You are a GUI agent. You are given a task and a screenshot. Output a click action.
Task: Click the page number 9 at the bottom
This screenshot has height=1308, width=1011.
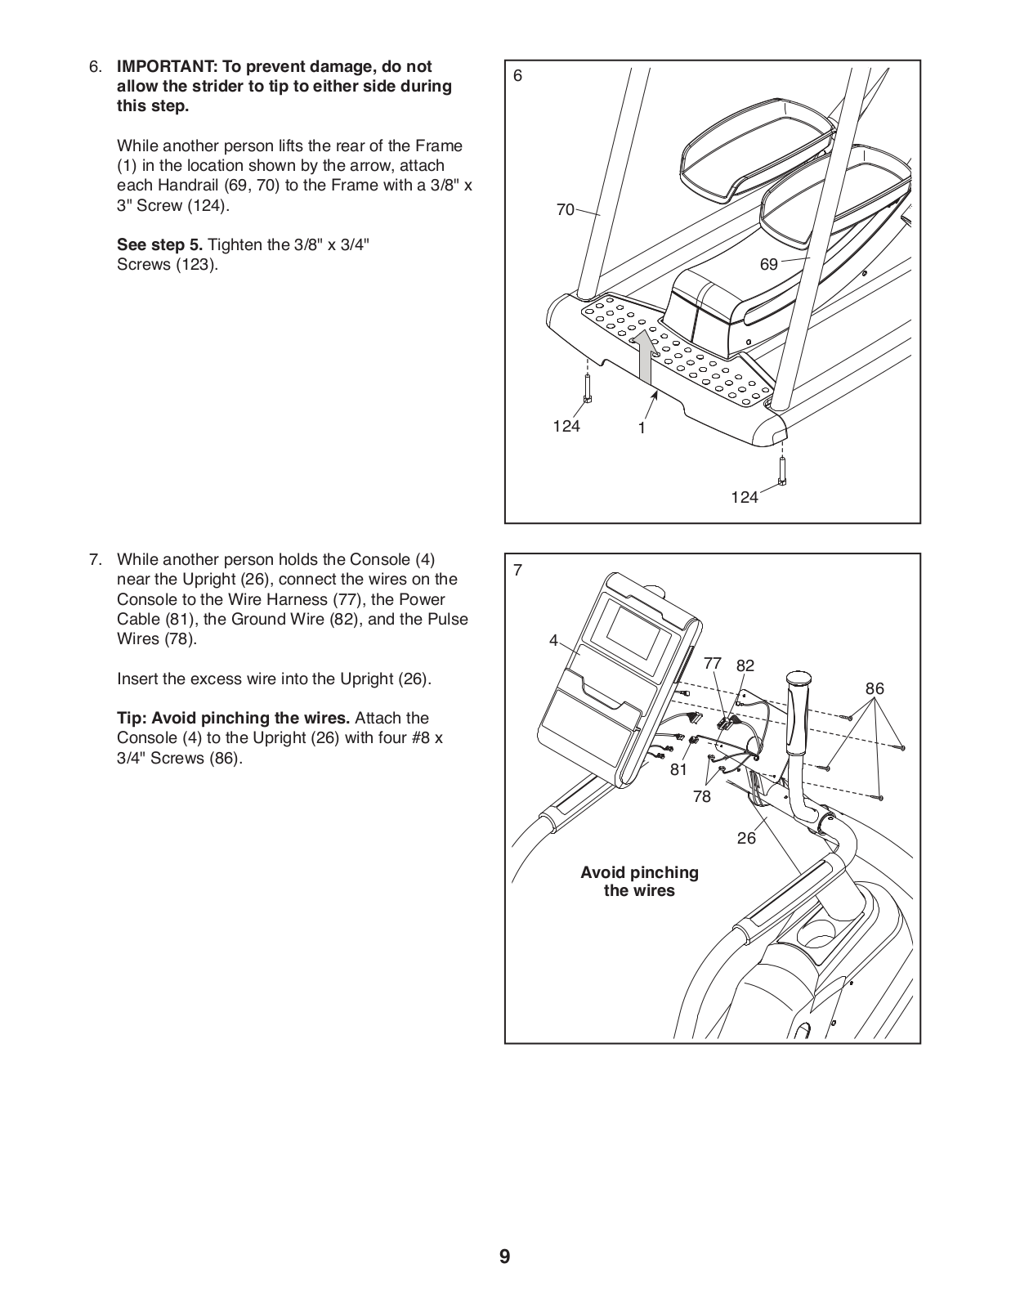tap(504, 1256)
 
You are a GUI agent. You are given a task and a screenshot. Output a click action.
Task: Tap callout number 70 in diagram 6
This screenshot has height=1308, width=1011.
tap(565, 210)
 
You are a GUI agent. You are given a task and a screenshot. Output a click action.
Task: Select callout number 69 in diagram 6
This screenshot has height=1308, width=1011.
tap(768, 264)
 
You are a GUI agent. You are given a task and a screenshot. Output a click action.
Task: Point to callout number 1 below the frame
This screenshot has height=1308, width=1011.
tap(642, 428)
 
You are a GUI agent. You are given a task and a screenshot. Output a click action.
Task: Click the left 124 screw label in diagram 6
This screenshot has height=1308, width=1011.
tap(566, 426)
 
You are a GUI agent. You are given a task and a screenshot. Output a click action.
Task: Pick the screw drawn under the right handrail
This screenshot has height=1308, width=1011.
tap(782, 471)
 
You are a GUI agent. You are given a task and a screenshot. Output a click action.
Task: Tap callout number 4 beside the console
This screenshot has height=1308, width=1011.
tap(553, 641)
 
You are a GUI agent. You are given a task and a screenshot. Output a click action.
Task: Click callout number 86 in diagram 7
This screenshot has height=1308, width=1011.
tap(875, 688)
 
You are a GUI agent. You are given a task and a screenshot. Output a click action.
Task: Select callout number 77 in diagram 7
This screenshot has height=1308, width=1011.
tap(713, 663)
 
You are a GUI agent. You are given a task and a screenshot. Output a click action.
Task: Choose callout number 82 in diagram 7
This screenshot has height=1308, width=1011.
tap(745, 665)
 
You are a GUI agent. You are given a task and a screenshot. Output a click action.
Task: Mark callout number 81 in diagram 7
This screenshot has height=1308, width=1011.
tap(678, 769)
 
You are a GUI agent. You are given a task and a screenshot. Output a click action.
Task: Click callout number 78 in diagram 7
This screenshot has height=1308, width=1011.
tap(701, 795)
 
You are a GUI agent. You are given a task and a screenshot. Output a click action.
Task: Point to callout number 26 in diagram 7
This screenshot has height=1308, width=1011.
tap(746, 838)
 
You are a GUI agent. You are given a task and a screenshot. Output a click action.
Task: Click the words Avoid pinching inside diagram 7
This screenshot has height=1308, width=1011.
tap(639, 872)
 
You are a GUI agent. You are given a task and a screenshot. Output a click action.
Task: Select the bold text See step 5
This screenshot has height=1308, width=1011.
tap(159, 244)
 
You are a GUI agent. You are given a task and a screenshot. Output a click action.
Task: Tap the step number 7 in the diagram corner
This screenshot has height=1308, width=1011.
tap(517, 570)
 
